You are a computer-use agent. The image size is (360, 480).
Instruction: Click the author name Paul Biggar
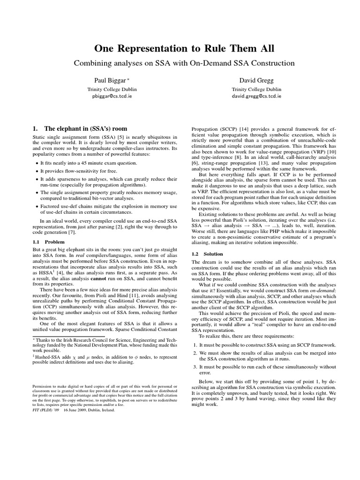tap(109, 80)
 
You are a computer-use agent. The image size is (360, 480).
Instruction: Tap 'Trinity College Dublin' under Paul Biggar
tap(109, 89)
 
